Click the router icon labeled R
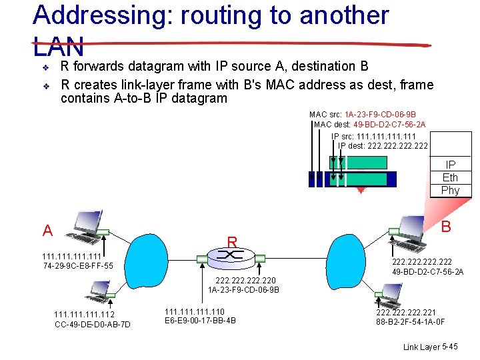[x=232, y=257]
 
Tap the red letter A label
[x=47, y=231]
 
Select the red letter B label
[x=446, y=227]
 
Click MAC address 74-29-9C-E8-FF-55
[x=77, y=267]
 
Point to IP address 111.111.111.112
[x=84, y=315]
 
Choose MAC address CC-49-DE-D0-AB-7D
[x=92, y=325]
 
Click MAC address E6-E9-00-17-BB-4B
[x=200, y=321]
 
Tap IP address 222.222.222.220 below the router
[x=243, y=281]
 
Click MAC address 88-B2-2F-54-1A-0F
[x=410, y=322]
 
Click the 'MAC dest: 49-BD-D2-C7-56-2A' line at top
[x=369, y=125]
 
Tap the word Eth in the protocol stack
[x=450, y=177]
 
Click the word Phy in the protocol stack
[x=450, y=191]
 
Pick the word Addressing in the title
[x=100, y=15]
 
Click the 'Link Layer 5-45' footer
[x=430, y=347]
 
